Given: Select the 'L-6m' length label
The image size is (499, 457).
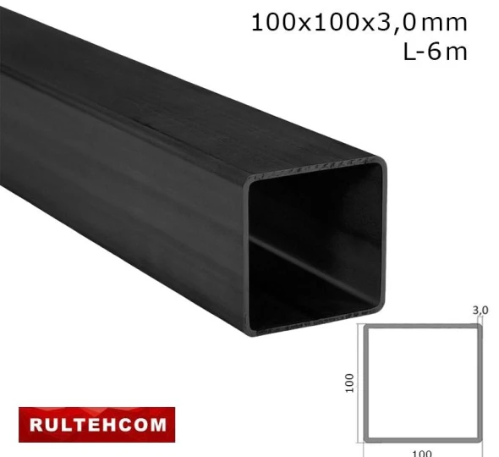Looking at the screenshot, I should [436, 52].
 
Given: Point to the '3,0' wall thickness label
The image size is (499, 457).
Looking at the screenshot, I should [480, 310].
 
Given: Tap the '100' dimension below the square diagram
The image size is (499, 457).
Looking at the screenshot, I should [421, 452].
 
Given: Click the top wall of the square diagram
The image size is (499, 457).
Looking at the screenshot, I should [423, 326].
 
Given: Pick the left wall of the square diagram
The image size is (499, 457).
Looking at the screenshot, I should [366, 383].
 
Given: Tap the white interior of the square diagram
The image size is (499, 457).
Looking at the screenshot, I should [423, 383].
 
